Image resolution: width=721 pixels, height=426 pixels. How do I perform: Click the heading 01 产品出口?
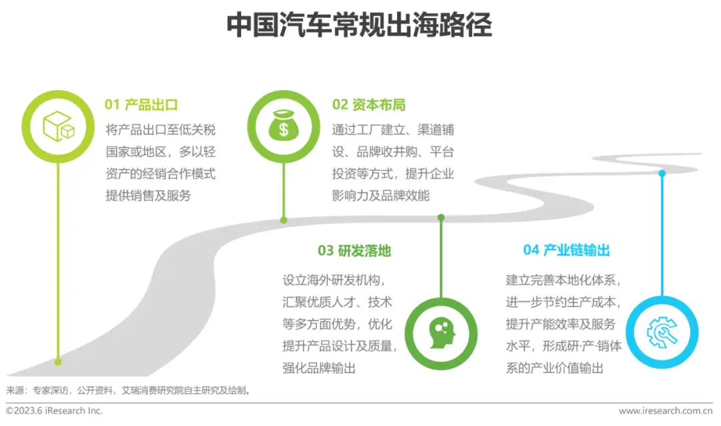click(141, 105)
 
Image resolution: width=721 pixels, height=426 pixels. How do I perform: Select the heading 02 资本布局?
click(369, 105)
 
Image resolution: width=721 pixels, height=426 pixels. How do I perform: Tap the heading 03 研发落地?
click(354, 251)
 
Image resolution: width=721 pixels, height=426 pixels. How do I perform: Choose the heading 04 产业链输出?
click(566, 251)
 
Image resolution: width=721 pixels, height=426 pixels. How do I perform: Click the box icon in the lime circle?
click(58, 126)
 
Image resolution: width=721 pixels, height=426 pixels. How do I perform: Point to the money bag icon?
click(284, 126)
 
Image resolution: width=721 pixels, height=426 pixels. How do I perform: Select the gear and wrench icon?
click(662, 332)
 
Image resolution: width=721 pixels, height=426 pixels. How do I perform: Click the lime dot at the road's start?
click(58, 362)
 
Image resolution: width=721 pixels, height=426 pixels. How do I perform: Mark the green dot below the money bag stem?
click(284, 220)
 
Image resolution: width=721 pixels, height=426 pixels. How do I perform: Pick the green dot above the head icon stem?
click(441, 217)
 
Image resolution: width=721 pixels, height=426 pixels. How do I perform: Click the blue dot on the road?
click(662, 174)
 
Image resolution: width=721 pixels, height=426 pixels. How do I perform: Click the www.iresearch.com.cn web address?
click(666, 411)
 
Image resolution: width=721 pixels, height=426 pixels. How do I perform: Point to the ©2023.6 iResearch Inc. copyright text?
click(55, 411)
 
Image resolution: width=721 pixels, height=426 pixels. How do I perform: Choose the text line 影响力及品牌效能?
click(381, 196)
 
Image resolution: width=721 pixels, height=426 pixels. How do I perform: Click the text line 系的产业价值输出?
click(555, 369)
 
